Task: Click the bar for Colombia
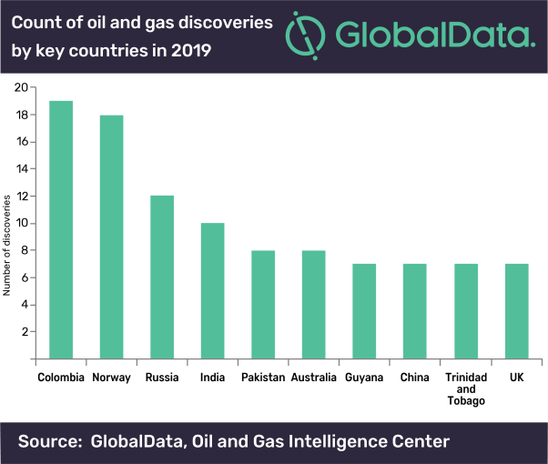pos(61,229)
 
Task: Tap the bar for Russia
pos(162,277)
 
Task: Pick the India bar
pos(212,290)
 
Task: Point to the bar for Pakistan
pos(263,304)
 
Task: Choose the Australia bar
pos(314,304)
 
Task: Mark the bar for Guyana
pos(364,311)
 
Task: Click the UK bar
pos(515,311)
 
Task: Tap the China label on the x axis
pos(414,377)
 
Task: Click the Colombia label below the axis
pos(61,377)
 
